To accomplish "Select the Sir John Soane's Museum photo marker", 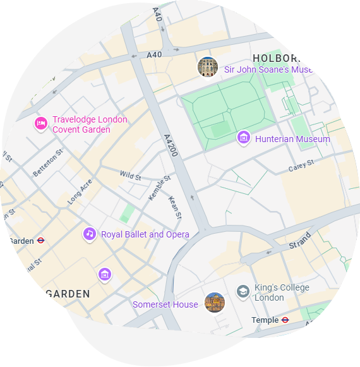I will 208,67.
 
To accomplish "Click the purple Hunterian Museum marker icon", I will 244,138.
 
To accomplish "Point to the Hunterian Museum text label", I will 292,139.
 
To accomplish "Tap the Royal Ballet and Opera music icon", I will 90,234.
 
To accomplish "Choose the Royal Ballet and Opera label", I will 145,234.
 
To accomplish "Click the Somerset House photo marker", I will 215,303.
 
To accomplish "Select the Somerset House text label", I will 165,304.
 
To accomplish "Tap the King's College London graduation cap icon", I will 243,291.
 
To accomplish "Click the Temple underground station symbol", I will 285,320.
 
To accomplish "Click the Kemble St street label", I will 160,188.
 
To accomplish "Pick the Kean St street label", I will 175,207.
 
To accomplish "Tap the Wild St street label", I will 130,176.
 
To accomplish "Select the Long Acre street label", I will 80,191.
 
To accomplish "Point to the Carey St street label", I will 301,166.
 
